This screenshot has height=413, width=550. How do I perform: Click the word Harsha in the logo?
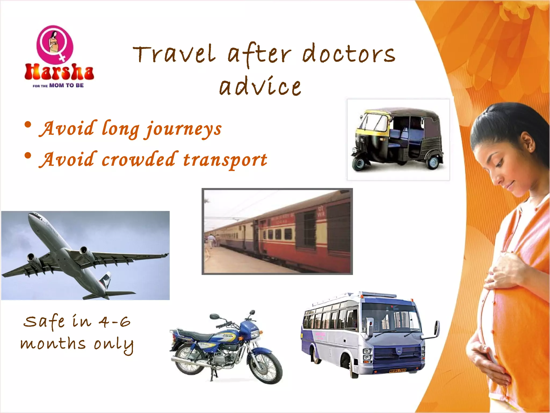pyautogui.click(x=59, y=72)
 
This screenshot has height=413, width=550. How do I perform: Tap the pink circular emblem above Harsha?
pyautogui.click(x=55, y=43)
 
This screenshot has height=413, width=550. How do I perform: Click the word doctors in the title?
pyautogui.click(x=349, y=54)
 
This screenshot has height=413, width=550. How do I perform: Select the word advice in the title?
pyautogui.click(x=260, y=87)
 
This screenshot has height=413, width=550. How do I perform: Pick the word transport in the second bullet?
pyautogui.click(x=225, y=160)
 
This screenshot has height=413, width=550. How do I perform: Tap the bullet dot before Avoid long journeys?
pyautogui.click(x=28, y=125)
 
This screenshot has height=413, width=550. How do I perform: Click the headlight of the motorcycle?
pyautogui.click(x=255, y=334)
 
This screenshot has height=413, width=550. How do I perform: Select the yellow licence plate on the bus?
pyautogui.click(x=397, y=371)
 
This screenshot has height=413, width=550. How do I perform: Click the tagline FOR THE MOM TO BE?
pyautogui.click(x=58, y=86)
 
